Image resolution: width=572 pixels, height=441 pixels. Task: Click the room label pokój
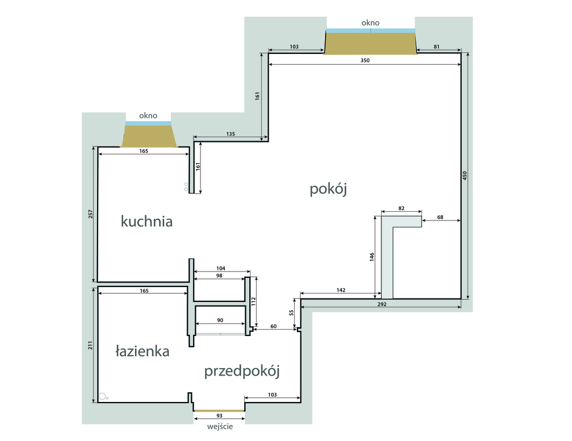coord(328,189)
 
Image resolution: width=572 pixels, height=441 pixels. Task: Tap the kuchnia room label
coord(146,222)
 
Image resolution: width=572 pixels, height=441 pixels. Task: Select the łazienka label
coord(142,351)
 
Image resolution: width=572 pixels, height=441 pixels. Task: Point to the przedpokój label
coord(242,372)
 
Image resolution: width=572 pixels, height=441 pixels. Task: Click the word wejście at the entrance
coord(220,427)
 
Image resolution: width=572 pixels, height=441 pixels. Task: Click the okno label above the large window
coord(370,22)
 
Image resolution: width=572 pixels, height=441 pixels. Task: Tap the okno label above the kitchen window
coord(148,115)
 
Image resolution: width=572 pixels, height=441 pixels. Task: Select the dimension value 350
coord(365,60)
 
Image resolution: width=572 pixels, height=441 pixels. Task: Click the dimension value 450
coord(465,176)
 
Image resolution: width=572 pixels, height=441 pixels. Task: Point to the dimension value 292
coord(381,304)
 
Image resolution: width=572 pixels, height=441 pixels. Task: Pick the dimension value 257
coord(91,214)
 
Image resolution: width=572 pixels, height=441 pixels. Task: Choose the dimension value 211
coord(90,345)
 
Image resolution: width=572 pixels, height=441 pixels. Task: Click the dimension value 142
coord(341,290)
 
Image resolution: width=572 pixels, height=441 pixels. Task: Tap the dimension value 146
coord(372,257)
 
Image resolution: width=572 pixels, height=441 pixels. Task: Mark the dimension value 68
coord(440,217)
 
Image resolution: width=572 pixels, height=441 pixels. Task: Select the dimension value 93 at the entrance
coord(219,416)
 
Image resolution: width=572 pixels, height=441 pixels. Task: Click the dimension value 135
coord(230,134)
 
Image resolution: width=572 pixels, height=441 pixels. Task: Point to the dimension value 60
coord(273,327)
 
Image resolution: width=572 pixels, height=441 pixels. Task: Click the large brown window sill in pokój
coord(370,44)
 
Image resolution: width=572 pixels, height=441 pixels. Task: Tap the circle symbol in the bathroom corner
coord(102,396)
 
